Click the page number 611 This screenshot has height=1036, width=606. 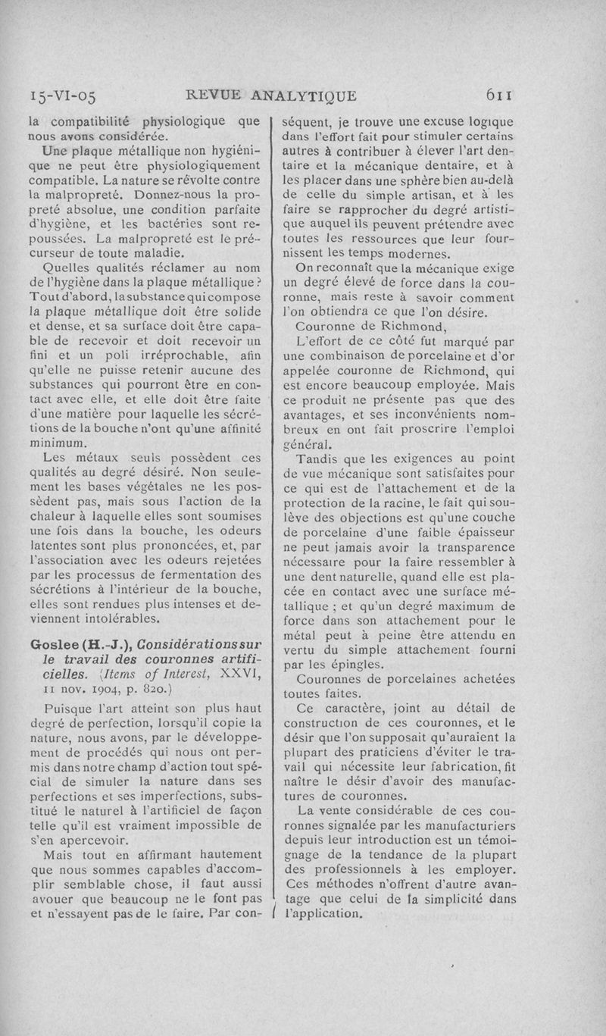(501, 95)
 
